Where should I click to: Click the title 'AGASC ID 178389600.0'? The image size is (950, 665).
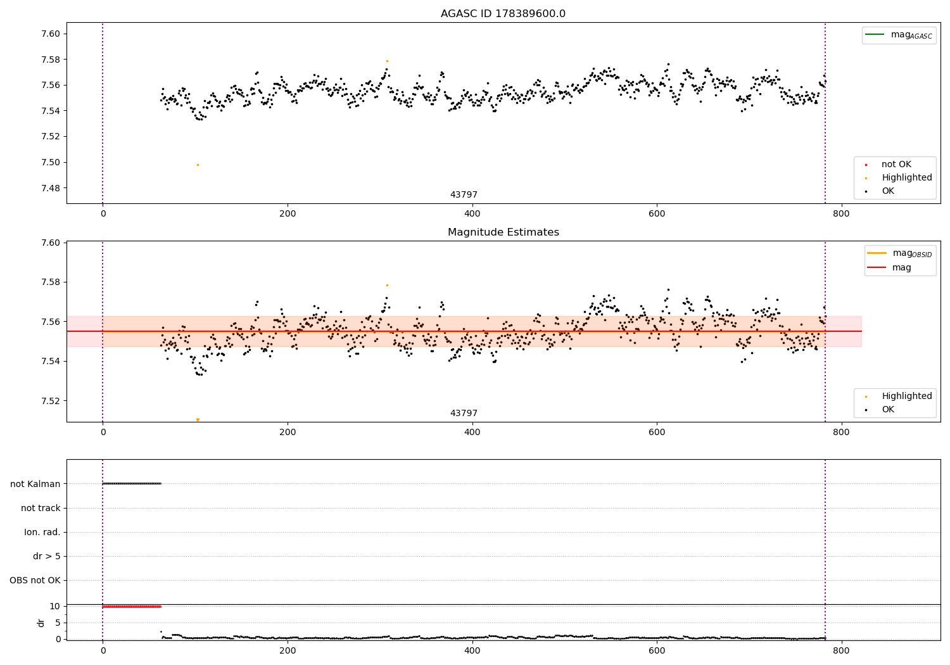[503, 14]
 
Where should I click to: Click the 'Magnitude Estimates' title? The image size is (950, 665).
[503, 232]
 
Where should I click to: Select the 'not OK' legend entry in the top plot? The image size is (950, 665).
[896, 165]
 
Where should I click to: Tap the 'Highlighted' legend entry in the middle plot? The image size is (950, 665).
[906, 396]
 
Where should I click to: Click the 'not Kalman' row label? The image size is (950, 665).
[35, 484]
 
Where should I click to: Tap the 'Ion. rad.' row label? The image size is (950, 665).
[42, 532]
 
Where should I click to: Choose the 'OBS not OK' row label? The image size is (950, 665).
[35, 580]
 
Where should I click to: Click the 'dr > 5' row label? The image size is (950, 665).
[47, 556]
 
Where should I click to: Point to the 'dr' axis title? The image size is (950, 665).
[41, 623]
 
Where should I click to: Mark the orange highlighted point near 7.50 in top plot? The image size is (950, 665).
[198, 165]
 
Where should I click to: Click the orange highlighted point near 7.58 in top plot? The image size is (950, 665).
[387, 61]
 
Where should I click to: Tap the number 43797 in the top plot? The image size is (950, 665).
[464, 195]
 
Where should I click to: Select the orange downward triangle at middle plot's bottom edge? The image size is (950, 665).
[198, 420]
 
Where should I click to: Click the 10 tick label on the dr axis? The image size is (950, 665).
[55, 606]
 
